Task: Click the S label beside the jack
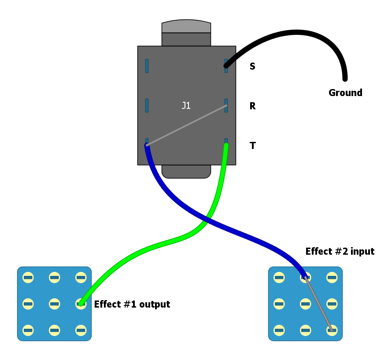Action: [252, 67]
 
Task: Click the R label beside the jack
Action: [252, 106]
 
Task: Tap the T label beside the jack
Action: [252, 146]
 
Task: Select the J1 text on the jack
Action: [186, 106]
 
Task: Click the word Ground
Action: [345, 93]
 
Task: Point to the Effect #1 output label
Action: [132, 304]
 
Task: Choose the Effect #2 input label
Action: [340, 252]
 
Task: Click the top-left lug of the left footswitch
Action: [28, 278]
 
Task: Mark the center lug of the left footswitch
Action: [55, 304]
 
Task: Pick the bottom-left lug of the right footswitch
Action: [279, 330]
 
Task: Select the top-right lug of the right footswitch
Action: [332, 278]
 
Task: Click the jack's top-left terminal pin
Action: [147, 66]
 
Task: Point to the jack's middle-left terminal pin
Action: [147, 105]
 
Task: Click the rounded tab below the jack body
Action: [186, 172]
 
